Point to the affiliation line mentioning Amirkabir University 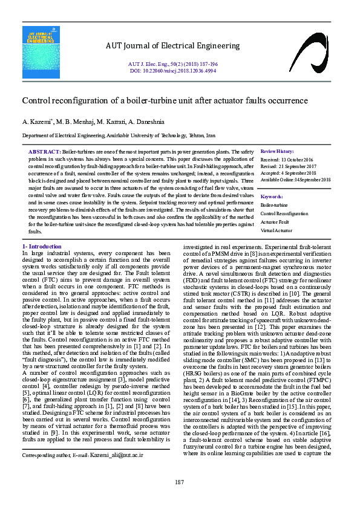coord(119,137)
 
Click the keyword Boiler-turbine coord(275,205)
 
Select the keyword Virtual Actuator coord(276,230)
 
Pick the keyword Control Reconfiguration coord(284,213)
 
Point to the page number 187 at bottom coord(180,481)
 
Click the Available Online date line coord(295,180)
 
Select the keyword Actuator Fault coord(275,222)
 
